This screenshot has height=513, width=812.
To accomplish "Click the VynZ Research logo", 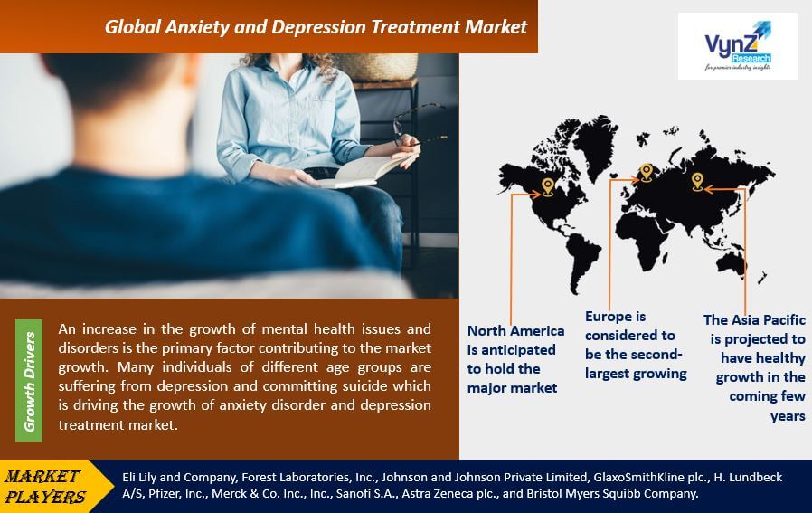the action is click(x=738, y=46).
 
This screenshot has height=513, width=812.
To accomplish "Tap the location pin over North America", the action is click(x=547, y=186).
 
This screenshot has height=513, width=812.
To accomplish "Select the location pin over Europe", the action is click(x=646, y=172).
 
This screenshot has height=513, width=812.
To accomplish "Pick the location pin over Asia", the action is click(x=697, y=181).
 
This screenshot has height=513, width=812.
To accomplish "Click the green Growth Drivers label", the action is click(x=29, y=381).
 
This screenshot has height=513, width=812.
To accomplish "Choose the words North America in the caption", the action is click(x=515, y=330).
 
